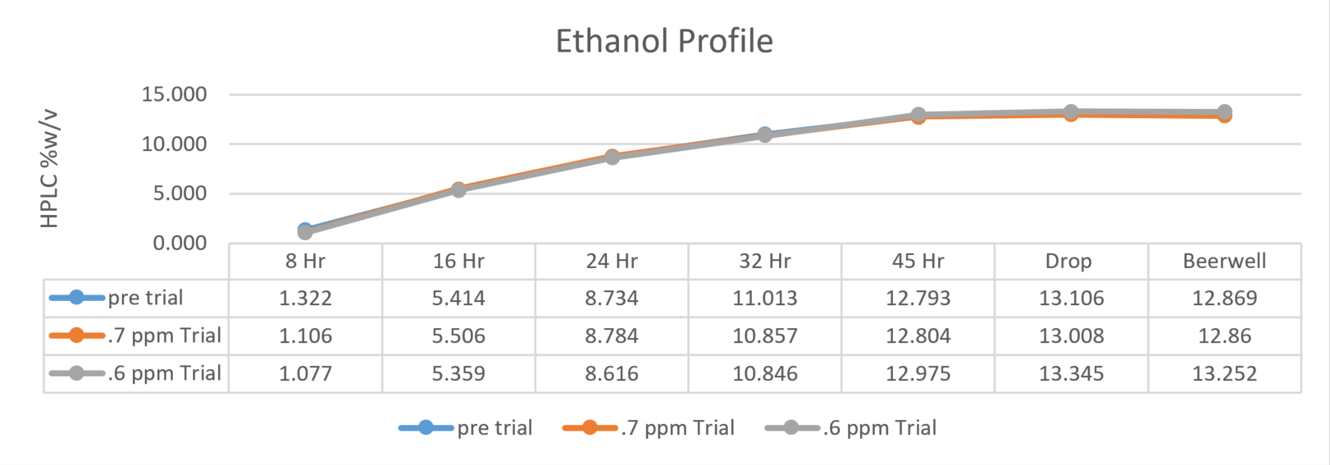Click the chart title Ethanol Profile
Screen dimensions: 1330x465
[x=664, y=41]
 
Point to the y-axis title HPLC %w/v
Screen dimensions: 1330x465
[x=49, y=169]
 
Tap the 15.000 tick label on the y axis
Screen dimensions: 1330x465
[x=174, y=94]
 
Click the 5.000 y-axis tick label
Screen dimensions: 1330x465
[x=180, y=194]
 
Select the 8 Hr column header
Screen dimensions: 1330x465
[x=305, y=262]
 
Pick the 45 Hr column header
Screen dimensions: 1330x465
[x=918, y=262]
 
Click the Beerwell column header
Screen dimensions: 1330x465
[x=1224, y=262]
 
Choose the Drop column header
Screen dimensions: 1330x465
[x=1068, y=262]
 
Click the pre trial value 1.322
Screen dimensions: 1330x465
[x=305, y=299]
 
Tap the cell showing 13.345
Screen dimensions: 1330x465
[x=1071, y=373]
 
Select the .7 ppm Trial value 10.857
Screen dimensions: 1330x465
[x=765, y=336]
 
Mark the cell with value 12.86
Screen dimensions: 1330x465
[x=1224, y=336]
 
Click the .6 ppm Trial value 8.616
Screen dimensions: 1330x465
[x=612, y=373]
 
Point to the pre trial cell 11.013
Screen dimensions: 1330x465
[x=765, y=299]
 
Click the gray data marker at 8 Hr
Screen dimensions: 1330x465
[x=305, y=232]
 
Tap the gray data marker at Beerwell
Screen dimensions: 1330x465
[x=1224, y=112]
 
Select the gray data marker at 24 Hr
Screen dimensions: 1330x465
[x=613, y=157]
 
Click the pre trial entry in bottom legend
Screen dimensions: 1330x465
[x=466, y=428]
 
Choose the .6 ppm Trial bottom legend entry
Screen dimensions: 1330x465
[x=850, y=428]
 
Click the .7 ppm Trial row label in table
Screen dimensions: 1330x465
[x=135, y=336]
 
